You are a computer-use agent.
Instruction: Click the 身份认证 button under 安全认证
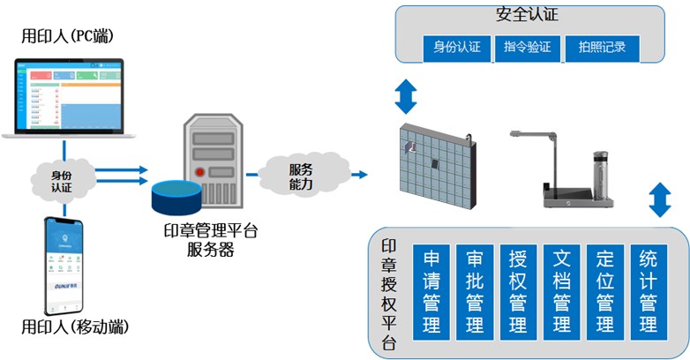[456, 47]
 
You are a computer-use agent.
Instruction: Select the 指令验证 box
[528, 47]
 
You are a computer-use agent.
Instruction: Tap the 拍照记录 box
[608, 47]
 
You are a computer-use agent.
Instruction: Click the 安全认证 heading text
[528, 15]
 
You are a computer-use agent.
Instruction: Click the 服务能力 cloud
[301, 174]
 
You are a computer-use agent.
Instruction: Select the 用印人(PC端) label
[71, 36]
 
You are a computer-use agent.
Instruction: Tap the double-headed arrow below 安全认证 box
[405, 96]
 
